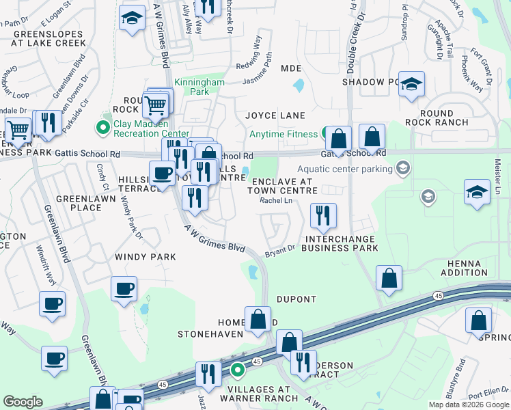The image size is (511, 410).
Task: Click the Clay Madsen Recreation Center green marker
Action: pyautogui.click(x=103, y=126)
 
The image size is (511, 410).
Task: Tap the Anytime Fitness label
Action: pyautogui.click(x=283, y=134)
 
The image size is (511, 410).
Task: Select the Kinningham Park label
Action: pyautogui.click(x=199, y=86)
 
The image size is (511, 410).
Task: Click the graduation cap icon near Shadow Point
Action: pyautogui.click(x=411, y=85)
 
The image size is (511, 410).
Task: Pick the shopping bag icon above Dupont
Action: pyautogui.click(x=389, y=278)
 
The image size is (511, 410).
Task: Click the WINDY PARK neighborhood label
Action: pyautogui.click(x=146, y=257)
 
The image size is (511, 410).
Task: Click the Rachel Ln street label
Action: pyautogui.click(x=276, y=200)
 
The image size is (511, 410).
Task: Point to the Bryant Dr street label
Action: pyautogui.click(x=280, y=251)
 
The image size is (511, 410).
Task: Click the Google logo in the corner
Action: pyautogui.click(x=23, y=402)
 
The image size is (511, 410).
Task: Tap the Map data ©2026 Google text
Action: pyautogui.click(x=469, y=405)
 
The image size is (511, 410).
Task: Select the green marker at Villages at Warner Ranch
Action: pyautogui.click(x=238, y=371)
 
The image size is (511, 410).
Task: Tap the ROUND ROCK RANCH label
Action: pyautogui.click(x=437, y=118)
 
